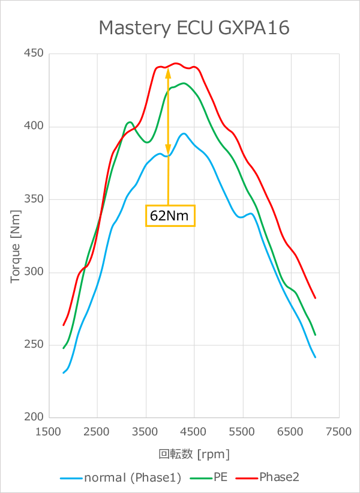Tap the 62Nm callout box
pos(170,216)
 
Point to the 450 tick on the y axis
pos(34,54)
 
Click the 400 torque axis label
pos(34,127)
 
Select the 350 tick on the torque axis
pos(34,199)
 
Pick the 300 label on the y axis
pos(34,272)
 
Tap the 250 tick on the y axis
pos(34,345)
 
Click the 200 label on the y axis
pos(34,417)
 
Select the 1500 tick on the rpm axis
pos(50,432)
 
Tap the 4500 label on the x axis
pos(194,432)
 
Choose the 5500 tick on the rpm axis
pos(243,432)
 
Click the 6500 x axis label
pos(291,432)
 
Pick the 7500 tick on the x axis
pos(339,432)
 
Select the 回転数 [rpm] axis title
pos(194,453)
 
